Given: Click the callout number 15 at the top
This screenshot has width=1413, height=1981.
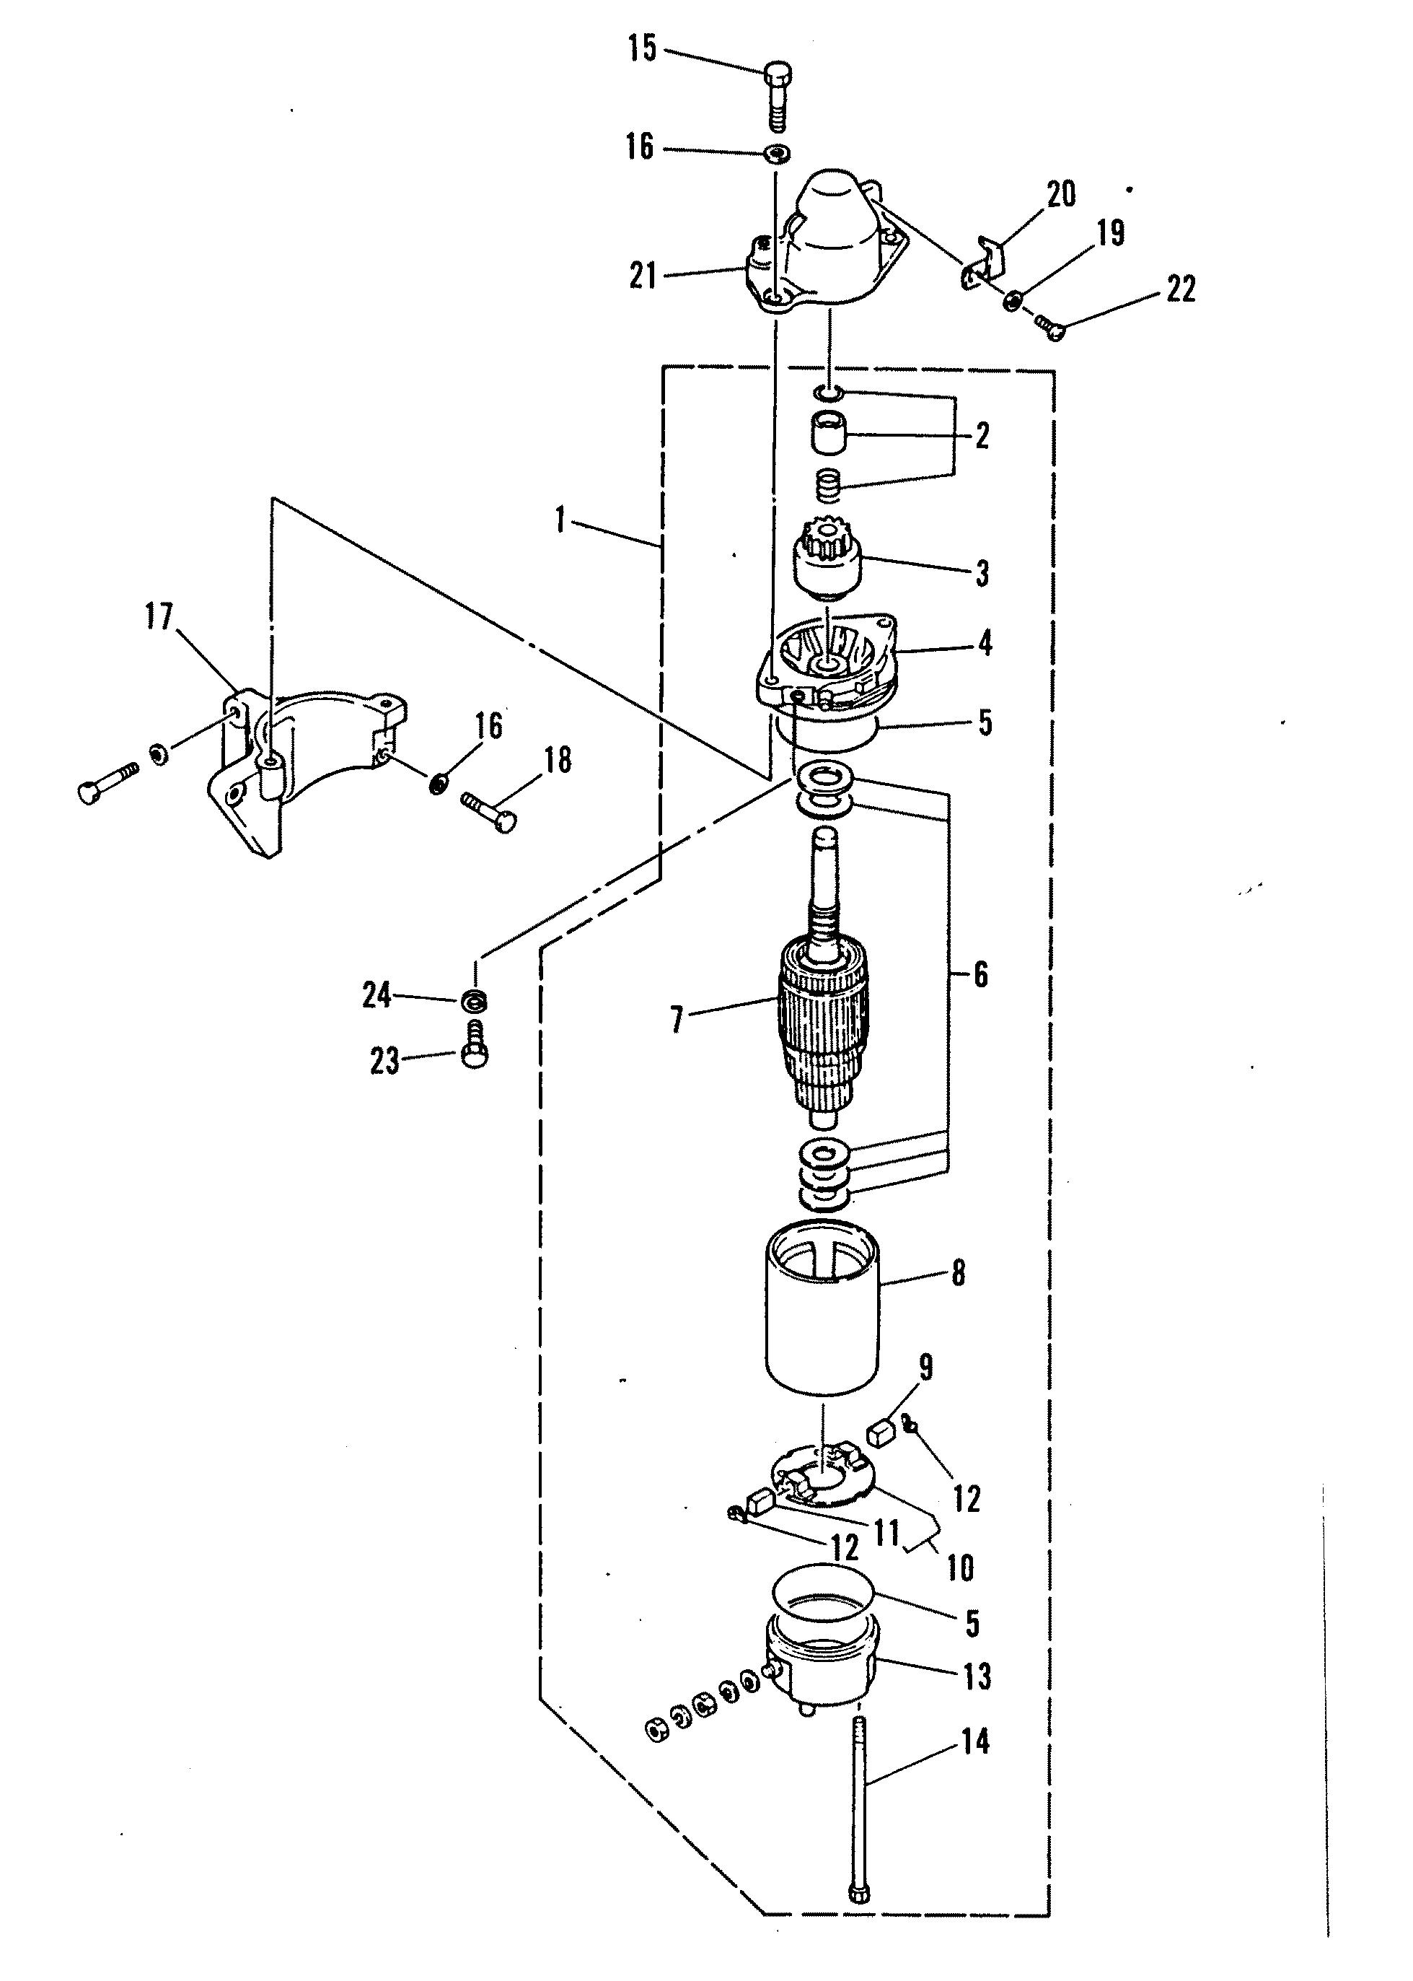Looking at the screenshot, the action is click(642, 49).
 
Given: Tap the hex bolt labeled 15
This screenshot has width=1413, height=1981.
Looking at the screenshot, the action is click(778, 97).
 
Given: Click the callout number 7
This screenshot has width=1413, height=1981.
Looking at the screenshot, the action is click(676, 1019).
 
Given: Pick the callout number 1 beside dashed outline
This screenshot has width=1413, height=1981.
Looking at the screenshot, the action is click(560, 521).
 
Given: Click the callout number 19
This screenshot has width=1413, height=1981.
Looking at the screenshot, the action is click(1110, 232).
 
